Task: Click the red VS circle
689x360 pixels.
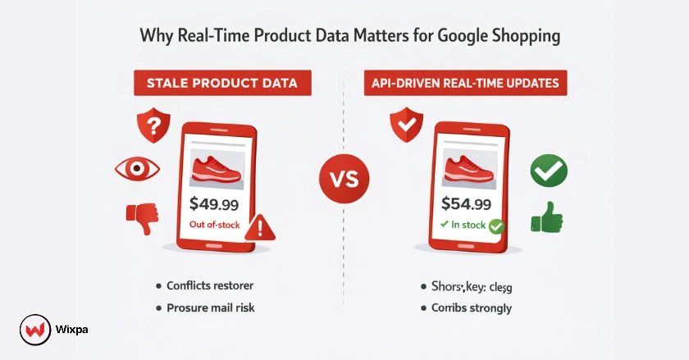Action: click(x=343, y=180)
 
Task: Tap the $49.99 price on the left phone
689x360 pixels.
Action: click(x=215, y=203)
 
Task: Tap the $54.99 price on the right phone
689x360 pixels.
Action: click(x=466, y=203)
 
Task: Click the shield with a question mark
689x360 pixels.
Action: click(x=153, y=126)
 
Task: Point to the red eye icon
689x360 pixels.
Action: click(x=135, y=169)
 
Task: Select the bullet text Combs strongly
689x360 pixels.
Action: click(x=471, y=308)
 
